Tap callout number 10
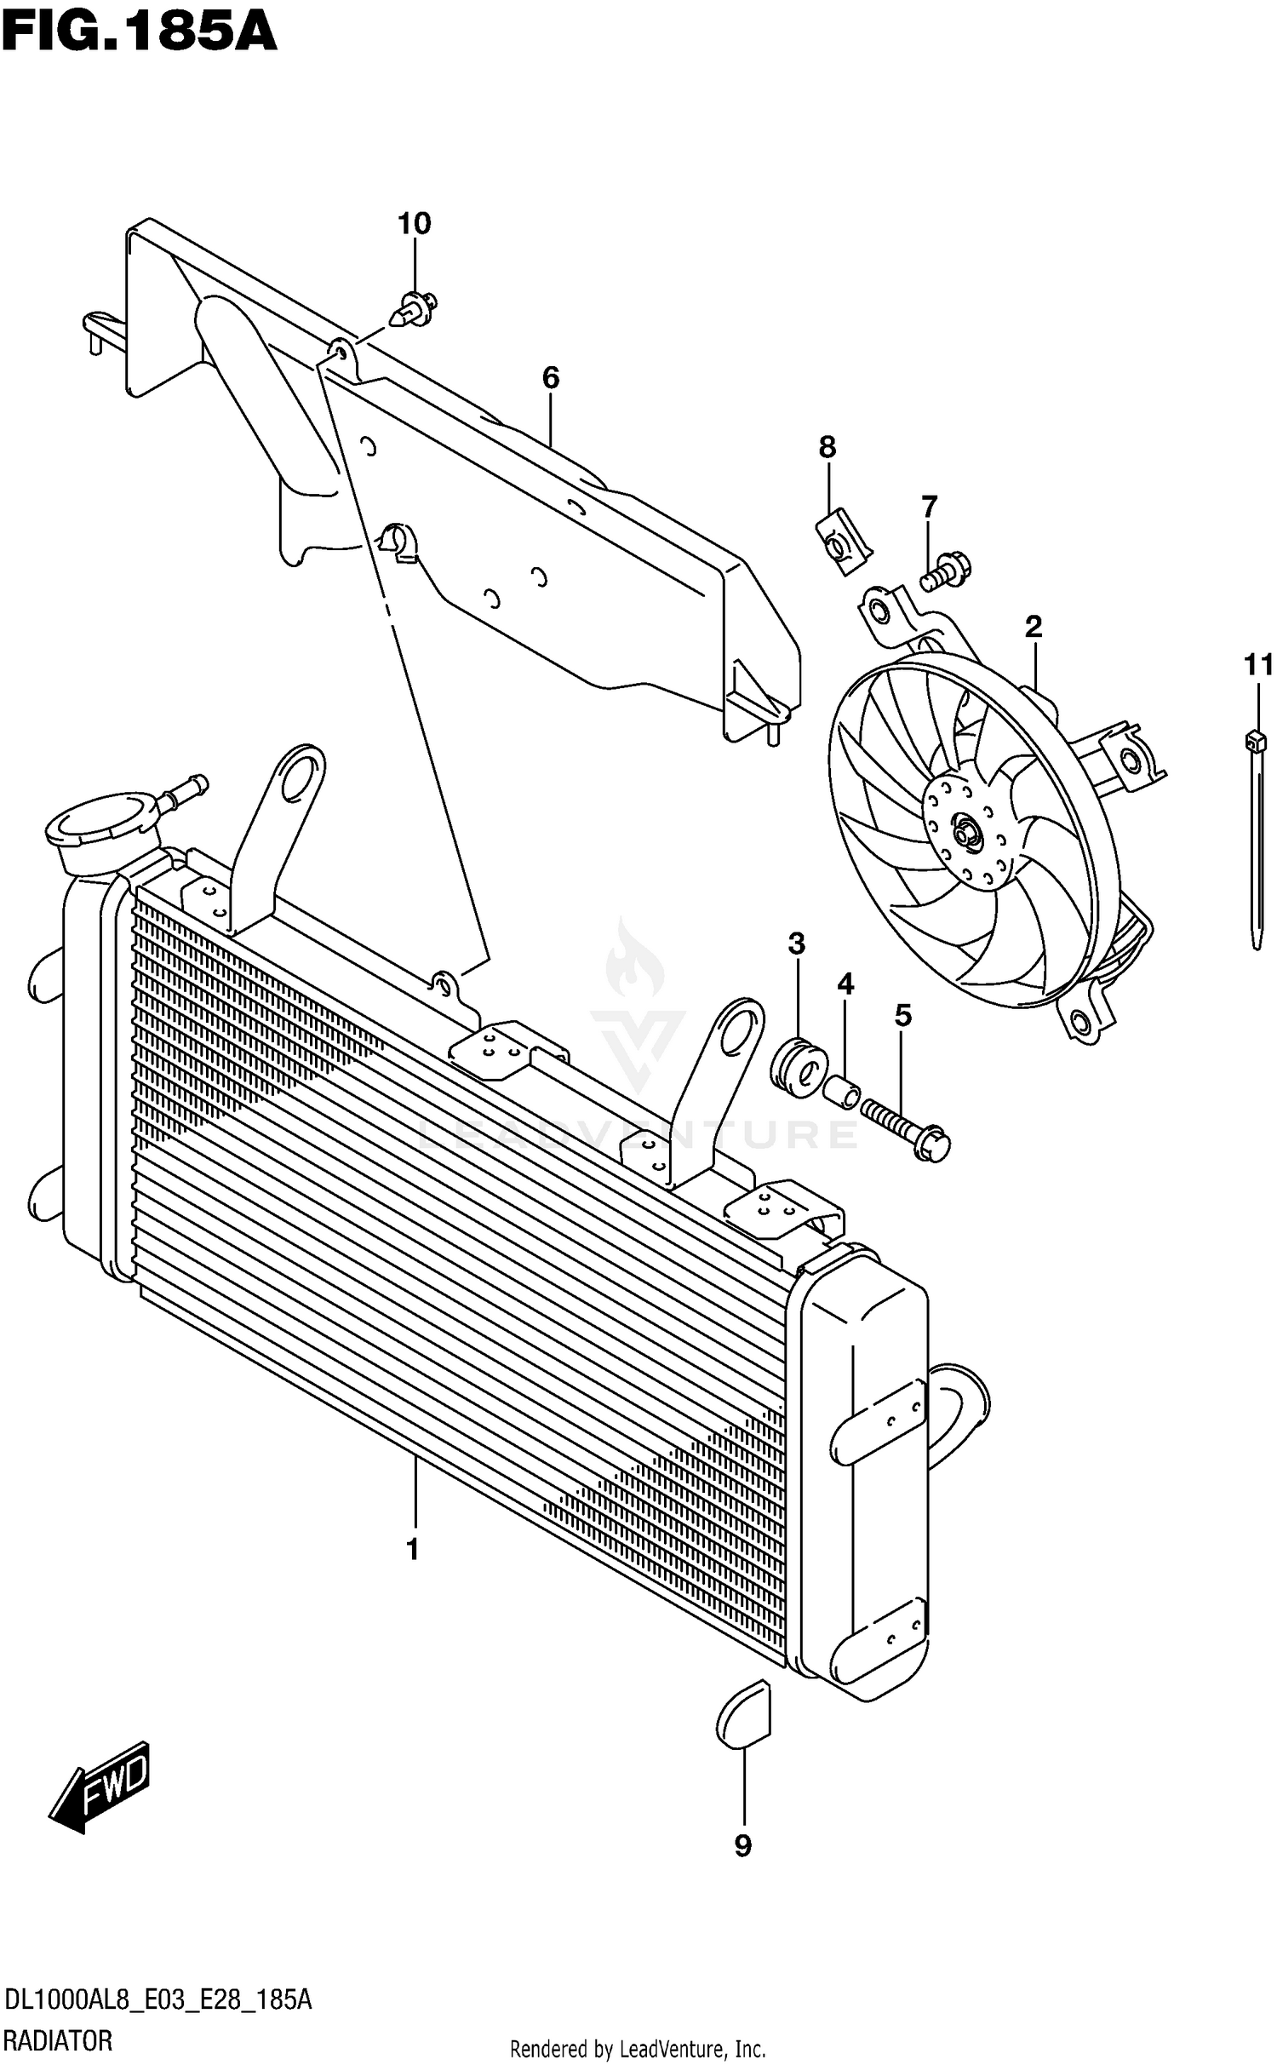[414, 224]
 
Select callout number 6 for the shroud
[551, 377]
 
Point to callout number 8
[827, 446]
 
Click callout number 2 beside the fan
[1033, 628]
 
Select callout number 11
[1258, 664]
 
